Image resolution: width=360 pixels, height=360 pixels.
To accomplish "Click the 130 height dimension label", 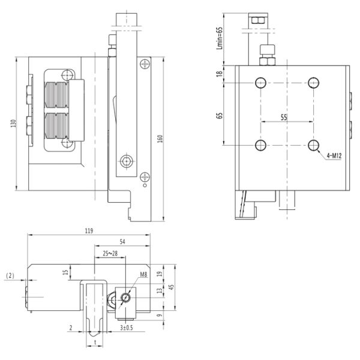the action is pyautogui.click(x=14, y=124).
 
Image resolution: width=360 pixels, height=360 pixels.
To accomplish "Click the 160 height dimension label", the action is pyautogui.click(x=160, y=139).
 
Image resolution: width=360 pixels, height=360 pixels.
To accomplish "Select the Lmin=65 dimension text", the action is pyautogui.click(x=220, y=38).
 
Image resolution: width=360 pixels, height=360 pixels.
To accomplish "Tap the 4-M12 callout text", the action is pyautogui.click(x=334, y=156).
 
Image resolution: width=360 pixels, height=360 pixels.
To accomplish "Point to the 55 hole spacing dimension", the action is pyautogui.click(x=284, y=118).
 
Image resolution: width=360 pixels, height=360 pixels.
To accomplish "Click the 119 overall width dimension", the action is pyautogui.click(x=89, y=231).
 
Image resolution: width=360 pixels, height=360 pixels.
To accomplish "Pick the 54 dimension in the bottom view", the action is pyautogui.click(x=122, y=242).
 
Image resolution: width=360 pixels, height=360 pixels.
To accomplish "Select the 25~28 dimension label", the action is pyautogui.click(x=110, y=253).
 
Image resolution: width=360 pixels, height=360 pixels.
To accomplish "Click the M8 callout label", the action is pyautogui.click(x=143, y=274).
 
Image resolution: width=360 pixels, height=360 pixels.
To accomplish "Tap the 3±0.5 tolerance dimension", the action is pyautogui.click(x=127, y=328).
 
